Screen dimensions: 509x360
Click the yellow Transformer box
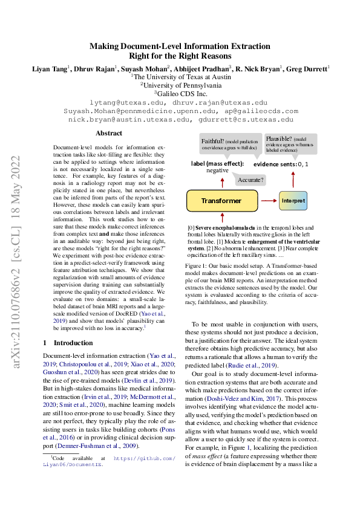point(221,200)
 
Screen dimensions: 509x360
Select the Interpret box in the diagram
point(293,200)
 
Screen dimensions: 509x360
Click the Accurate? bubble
point(249,180)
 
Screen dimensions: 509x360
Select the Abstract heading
point(109,133)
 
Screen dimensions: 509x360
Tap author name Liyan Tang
point(49,69)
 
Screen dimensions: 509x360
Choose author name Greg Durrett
point(309,69)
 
